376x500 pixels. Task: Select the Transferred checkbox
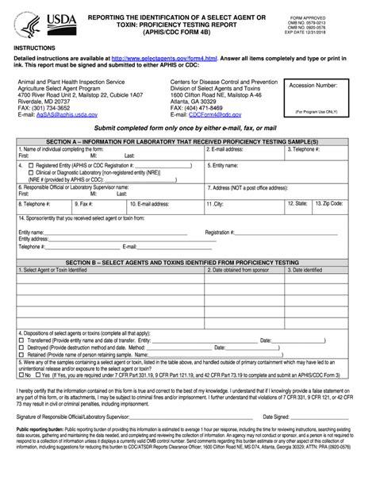[x=21, y=339]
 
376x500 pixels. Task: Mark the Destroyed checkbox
[x=21, y=347]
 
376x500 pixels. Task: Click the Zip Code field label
[x=328, y=203]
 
